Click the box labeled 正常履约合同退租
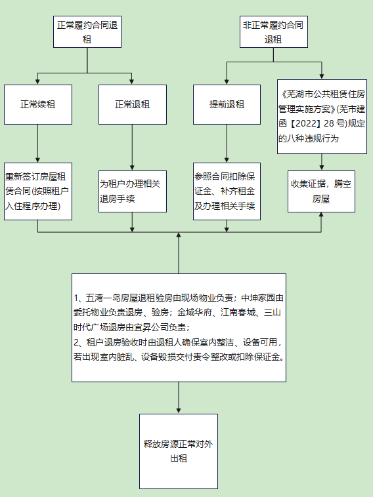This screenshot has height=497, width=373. coord(87,31)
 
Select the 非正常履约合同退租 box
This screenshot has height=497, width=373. coord(274,31)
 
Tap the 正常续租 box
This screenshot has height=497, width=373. coord(38,104)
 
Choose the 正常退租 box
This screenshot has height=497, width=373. coord(133,104)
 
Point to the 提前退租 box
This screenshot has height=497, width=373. coord(227,104)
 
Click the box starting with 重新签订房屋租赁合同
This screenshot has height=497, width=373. coord(38,191)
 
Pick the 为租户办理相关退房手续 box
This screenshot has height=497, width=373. coord(133,191)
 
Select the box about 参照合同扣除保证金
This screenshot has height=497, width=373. coord(227,191)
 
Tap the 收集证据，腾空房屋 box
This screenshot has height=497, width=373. coord(321,191)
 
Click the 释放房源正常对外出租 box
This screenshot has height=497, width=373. coord(179,451)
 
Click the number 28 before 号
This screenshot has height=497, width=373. coord(329,123)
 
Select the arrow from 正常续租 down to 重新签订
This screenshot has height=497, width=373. coord(38,144)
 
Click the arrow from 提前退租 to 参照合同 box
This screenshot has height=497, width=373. coord(227,144)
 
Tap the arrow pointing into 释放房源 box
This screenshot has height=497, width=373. coord(179,397)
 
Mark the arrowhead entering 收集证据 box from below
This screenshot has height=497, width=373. coord(321,214)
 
